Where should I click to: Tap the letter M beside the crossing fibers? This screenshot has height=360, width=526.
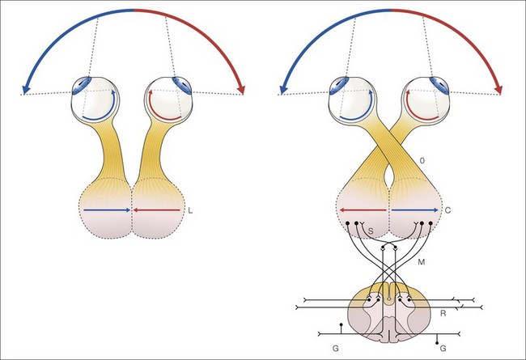[421, 260]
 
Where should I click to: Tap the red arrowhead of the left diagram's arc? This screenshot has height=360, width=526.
[240, 87]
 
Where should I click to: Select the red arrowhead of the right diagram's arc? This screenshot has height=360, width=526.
[498, 87]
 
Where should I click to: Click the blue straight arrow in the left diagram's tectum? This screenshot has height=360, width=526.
[107, 210]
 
